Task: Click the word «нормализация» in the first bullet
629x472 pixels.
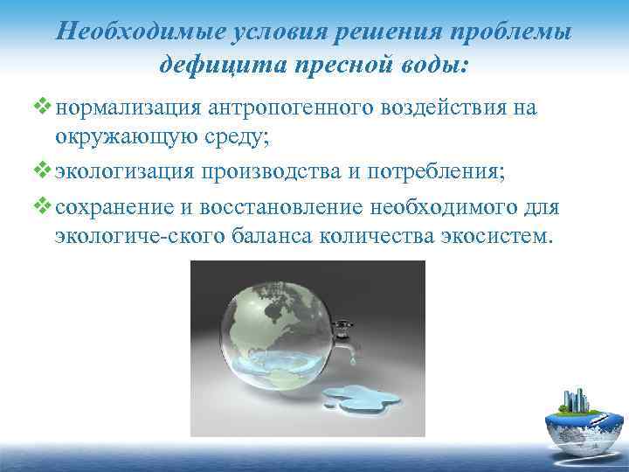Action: (128, 107)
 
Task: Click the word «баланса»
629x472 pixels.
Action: (264, 235)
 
